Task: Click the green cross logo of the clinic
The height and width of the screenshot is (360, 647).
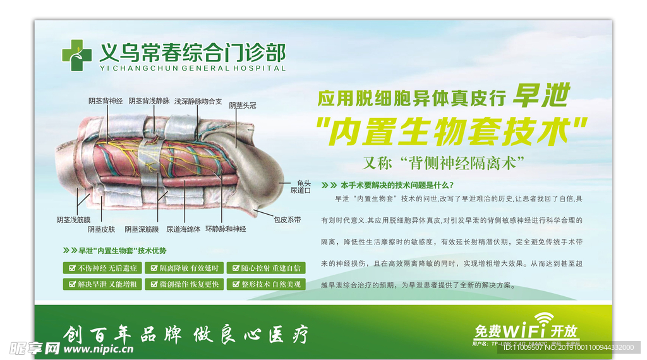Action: [76, 51]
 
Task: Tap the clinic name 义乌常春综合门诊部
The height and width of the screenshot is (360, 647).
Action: [192, 51]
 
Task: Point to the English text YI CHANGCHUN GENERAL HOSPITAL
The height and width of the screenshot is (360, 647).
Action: [192, 68]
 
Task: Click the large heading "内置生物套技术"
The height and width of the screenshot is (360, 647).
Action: [451, 131]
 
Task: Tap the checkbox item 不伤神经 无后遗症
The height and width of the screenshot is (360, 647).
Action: [101, 268]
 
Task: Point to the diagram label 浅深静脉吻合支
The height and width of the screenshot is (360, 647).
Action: [198, 101]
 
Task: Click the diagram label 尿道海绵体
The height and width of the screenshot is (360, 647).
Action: [183, 229]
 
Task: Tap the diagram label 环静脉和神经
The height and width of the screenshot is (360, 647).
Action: [226, 229]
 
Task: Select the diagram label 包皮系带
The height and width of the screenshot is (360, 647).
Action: [287, 220]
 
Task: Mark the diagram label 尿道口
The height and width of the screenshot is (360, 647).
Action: [301, 190]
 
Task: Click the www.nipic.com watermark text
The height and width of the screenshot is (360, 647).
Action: [97, 348]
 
